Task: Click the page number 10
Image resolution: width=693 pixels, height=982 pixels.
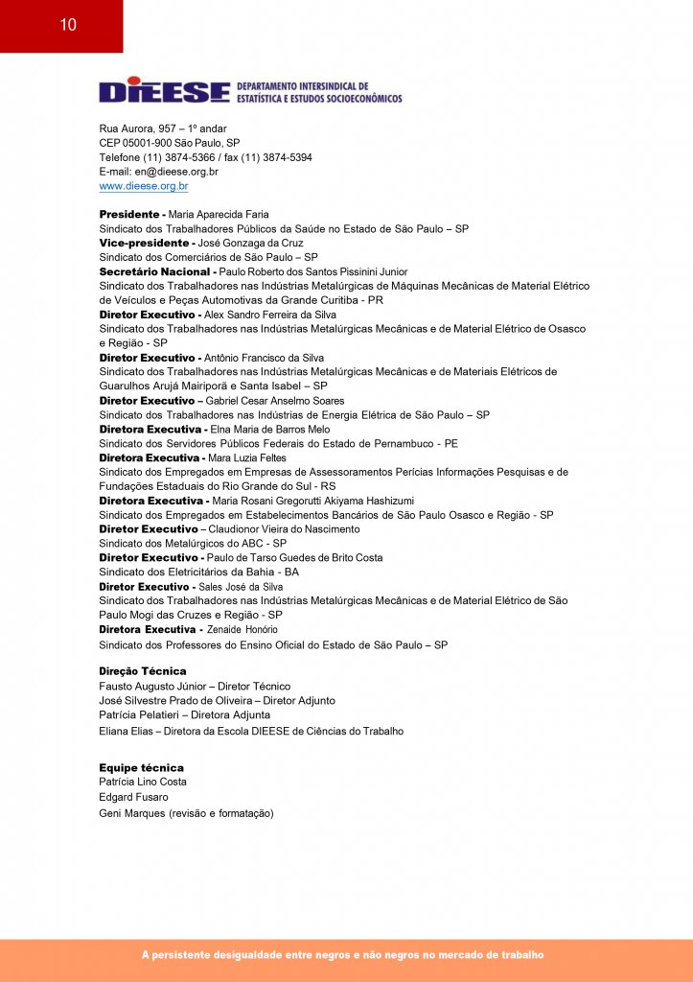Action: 67,26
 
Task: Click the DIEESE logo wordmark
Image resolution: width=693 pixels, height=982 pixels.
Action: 164,91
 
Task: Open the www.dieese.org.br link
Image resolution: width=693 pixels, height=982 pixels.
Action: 144,186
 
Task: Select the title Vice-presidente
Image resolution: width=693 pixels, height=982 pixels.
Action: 145,244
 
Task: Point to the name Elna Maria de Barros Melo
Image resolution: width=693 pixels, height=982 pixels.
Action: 270,430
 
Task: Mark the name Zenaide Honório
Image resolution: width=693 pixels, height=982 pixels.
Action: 243,630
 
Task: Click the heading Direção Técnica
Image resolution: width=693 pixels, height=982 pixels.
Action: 143,671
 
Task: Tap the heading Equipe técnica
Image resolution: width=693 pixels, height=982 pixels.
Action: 141,768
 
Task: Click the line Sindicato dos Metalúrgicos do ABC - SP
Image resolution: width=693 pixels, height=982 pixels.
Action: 191,543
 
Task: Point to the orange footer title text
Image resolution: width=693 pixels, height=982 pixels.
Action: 342,955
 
